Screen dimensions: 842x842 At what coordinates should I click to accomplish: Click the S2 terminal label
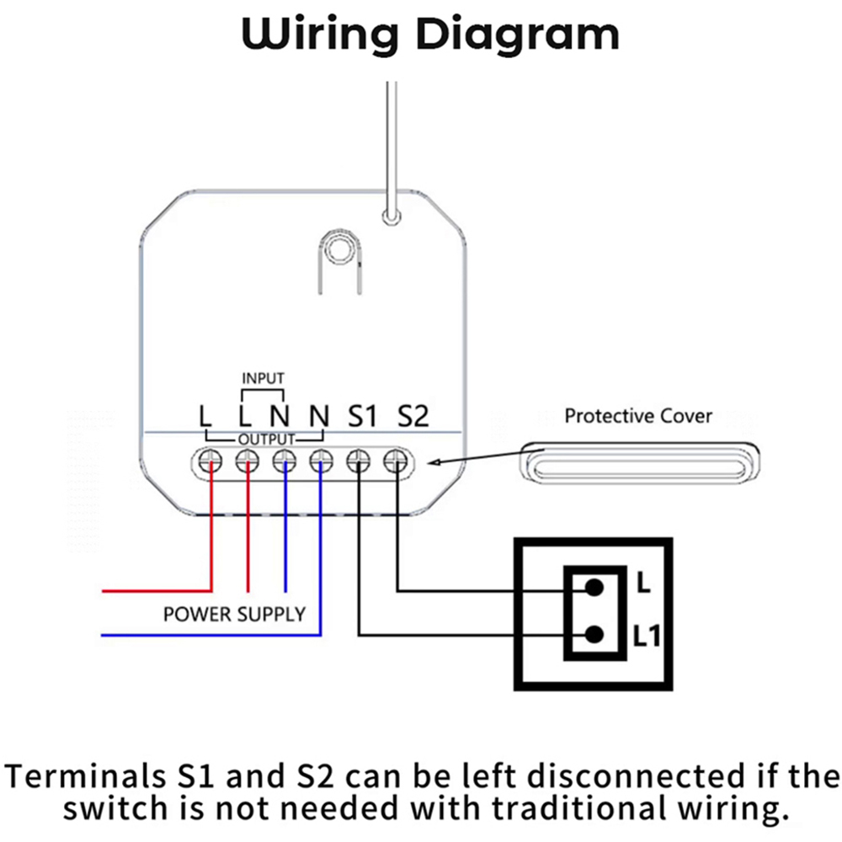(x=413, y=415)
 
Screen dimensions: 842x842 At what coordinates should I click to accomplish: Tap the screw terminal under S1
(x=360, y=461)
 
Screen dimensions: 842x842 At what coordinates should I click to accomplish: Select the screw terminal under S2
(x=396, y=461)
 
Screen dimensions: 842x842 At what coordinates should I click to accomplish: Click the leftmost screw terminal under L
(x=210, y=461)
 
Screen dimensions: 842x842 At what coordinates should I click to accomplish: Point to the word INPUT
(x=264, y=377)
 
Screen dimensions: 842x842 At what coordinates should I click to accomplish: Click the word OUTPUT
(x=266, y=440)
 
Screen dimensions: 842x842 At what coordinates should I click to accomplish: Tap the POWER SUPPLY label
(x=234, y=614)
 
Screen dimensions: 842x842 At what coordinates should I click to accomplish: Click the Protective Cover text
(x=638, y=415)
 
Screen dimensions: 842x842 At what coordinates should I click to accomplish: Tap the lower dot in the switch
(x=596, y=635)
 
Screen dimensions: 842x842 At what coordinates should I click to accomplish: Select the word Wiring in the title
(x=319, y=35)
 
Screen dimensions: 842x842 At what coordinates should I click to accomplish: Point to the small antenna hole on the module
(x=389, y=217)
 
